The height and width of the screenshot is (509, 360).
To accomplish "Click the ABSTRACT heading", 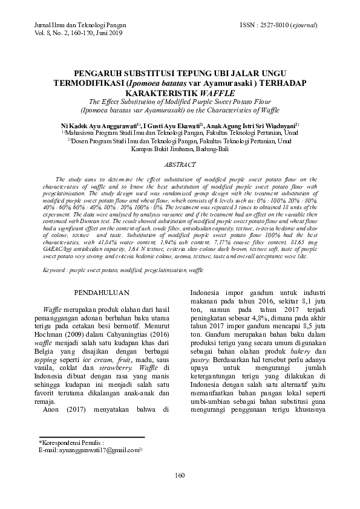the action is click(180, 164).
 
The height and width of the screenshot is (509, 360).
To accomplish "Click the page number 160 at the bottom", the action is click(180, 491).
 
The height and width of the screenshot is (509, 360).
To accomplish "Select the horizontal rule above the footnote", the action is click(91, 436).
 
